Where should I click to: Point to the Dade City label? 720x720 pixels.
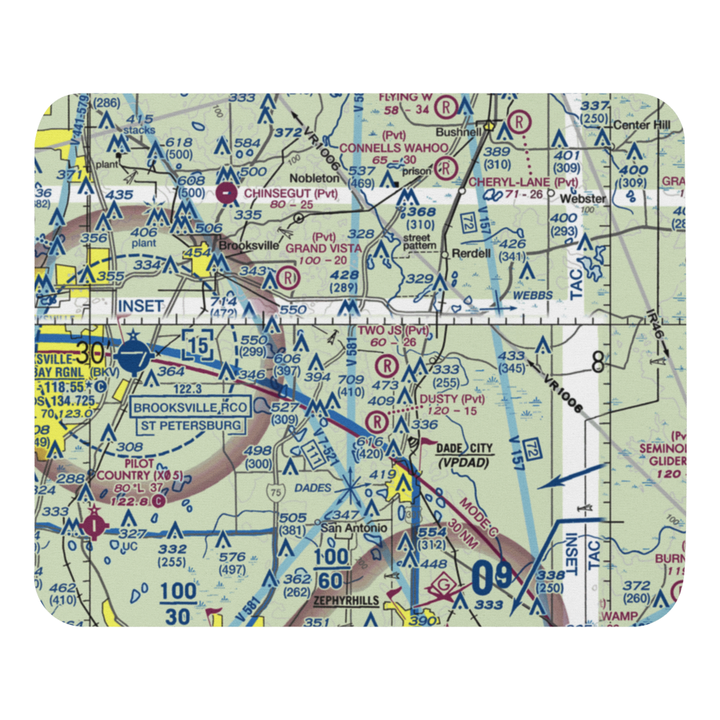tap(465, 449)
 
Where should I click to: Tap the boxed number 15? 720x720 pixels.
tap(197, 343)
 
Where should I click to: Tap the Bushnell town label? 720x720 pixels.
tap(458, 133)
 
